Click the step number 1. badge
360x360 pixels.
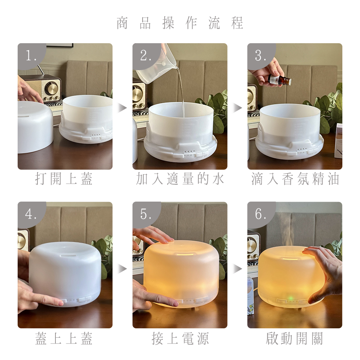point(31,55)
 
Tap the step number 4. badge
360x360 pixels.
point(31,214)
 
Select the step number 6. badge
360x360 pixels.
point(261,214)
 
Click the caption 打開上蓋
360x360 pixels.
point(64,179)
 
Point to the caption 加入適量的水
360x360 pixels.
point(180,179)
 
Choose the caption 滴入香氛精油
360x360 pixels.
point(295,179)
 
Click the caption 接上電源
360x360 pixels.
point(180,338)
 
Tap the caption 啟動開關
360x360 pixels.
point(294,338)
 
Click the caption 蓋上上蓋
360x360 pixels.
point(64,338)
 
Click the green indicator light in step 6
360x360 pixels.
point(291,298)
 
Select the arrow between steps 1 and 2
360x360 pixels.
point(123,108)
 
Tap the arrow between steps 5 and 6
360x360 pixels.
point(238,269)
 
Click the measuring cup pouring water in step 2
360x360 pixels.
point(157,65)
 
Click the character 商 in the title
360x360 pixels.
point(122,23)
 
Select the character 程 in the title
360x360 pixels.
point(237,23)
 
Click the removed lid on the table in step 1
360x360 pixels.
point(35,127)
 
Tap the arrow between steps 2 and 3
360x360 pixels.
point(238,108)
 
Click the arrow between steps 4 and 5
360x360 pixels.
point(123,269)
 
